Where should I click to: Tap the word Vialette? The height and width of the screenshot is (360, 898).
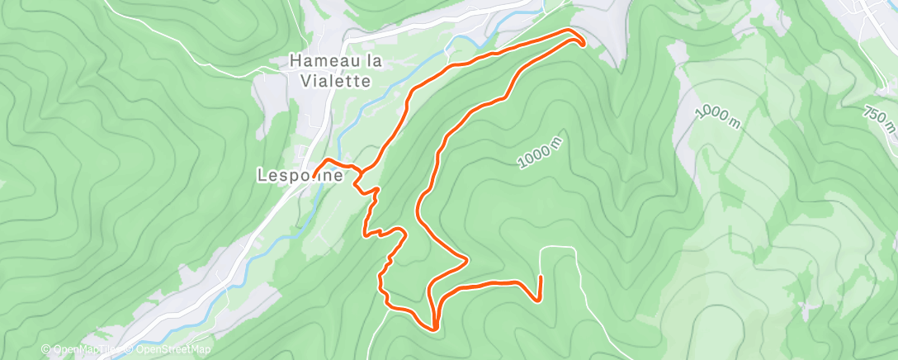tap(330, 81)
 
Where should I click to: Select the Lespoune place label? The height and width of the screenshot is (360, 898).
tap(300, 175)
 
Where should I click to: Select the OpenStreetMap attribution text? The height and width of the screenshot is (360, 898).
tap(169, 349)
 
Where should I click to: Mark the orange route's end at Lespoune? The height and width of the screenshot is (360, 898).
tap(316, 173)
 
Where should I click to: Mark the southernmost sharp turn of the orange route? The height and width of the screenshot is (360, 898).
tap(433, 328)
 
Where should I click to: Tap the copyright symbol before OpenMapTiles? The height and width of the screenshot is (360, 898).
tap(46, 349)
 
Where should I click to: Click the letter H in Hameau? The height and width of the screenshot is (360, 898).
tap(295, 61)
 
